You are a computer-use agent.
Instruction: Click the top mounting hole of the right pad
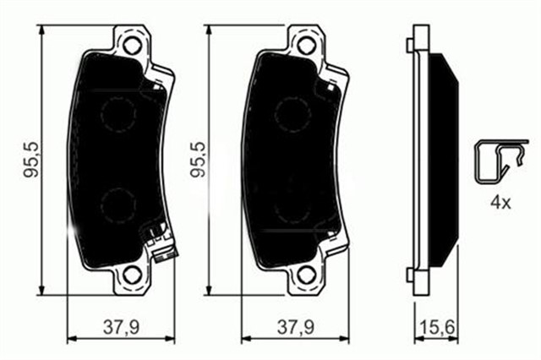pyautogui.click(x=303, y=44)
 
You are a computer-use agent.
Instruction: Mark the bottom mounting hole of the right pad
pyautogui.click(x=303, y=275)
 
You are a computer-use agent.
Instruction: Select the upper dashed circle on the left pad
pyautogui.click(x=119, y=113)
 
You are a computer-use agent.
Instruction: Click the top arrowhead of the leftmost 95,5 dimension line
pyautogui.click(x=43, y=32)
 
